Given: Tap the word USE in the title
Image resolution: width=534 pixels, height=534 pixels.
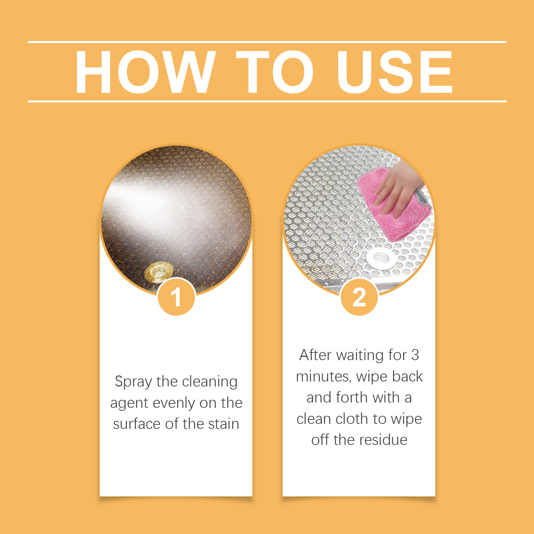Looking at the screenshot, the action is (395, 72).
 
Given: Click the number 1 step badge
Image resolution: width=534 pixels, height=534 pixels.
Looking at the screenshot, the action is (176, 297).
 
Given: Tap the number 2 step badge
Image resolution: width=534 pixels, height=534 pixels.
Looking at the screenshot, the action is (359, 297).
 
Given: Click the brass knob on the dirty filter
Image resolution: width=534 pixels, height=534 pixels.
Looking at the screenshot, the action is (159, 272).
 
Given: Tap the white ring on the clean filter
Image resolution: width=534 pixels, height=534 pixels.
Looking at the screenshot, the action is (379, 257).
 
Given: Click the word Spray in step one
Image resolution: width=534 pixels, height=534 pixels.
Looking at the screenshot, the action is (133, 382).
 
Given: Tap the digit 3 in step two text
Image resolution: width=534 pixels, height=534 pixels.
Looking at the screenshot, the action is (415, 355).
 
